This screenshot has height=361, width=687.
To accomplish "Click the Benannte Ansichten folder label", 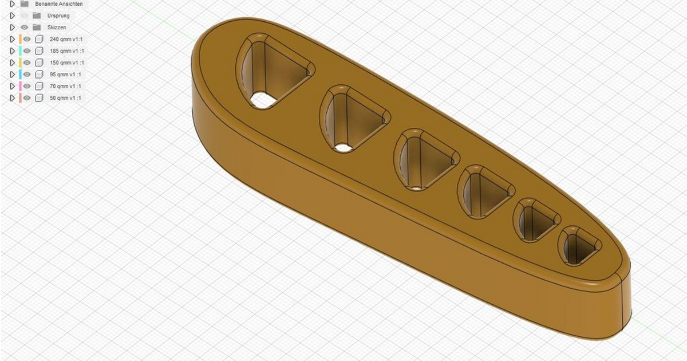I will coord(58,4).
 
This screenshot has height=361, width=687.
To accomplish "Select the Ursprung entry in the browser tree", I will coord(58,15).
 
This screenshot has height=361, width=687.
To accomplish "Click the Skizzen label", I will coord(57,28).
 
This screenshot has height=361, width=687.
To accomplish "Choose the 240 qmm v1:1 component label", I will coord(67,40).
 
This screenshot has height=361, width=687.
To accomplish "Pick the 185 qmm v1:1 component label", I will coord(67,51).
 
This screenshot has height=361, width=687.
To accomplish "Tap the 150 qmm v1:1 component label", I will coord(67,63).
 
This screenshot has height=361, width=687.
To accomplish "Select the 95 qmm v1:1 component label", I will coord(65,74).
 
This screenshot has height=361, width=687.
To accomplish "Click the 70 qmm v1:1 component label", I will coord(65,87).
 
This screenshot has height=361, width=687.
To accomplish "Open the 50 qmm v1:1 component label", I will coord(65,99).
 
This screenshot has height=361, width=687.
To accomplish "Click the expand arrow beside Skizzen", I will coord(12,28).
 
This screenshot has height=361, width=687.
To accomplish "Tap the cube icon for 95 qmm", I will coord(39,74).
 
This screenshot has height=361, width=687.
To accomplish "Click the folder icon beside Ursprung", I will coord(37,15).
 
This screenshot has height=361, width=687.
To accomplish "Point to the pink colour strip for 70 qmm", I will coord(20,87).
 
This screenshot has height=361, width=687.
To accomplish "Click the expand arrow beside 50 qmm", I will coord(12,99).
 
